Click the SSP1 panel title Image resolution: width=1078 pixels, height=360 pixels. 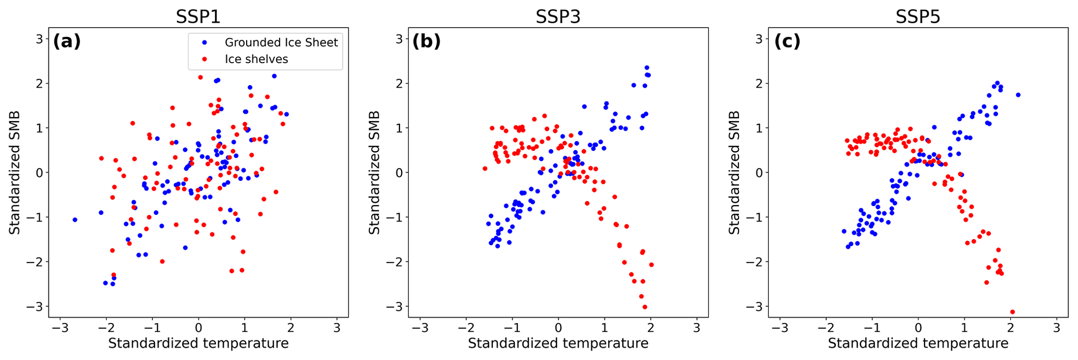[x=198, y=17]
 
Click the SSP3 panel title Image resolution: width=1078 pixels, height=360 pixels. [x=558, y=17]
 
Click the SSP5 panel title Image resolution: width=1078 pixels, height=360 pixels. [x=917, y=17]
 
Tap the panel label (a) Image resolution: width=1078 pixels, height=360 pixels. [x=67, y=41]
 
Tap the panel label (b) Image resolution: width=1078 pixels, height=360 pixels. [x=426, y=41]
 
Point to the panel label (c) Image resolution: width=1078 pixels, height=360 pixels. [x=786, y=41]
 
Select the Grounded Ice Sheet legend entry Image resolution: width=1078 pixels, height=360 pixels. [x=281, y=42]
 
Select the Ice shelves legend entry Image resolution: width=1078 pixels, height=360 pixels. [x=256, y=59]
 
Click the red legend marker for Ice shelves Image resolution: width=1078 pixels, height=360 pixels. [x=204, y=59]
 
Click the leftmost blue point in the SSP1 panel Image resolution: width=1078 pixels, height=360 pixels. [x=75, y=220]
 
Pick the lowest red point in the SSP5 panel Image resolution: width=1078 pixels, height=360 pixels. [x=1012, y=312]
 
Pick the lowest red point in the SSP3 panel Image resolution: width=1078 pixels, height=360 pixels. [x=645, y=307]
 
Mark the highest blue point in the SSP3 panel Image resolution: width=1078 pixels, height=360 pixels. [x=647, y=68]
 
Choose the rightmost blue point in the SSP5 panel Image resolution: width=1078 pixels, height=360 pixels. [x=1018, y=95]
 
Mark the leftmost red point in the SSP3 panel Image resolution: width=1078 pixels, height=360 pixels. [x=485, y=169]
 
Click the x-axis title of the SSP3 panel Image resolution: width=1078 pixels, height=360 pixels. [x=558, y=343]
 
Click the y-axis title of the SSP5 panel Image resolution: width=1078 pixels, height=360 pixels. [x=734, y=172]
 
